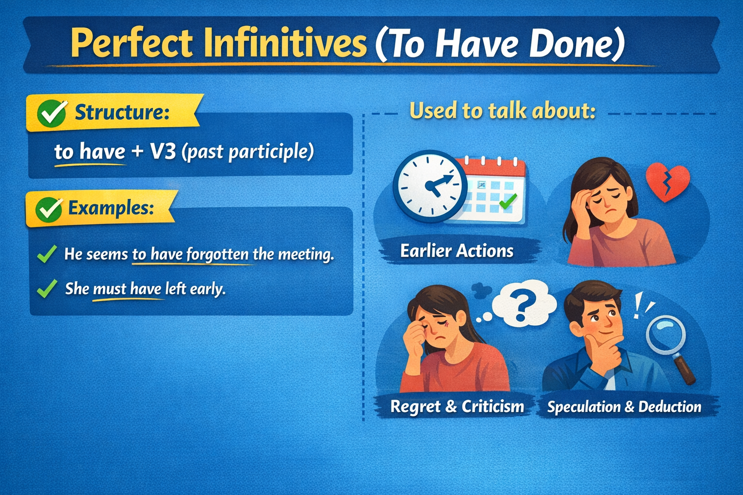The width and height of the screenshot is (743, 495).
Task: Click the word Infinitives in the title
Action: click(285, 43)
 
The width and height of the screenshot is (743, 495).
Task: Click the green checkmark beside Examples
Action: click(49, 209)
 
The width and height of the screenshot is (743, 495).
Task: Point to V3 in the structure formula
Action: click(163, 152)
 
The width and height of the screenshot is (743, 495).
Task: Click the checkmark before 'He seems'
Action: click(47, 254)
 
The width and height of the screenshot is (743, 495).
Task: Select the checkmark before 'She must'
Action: click(47, 289)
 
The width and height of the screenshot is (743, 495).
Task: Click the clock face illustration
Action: click(430, 186)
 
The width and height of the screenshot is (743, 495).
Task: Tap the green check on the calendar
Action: click(508, 201)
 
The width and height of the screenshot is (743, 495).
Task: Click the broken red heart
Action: click(668, 183)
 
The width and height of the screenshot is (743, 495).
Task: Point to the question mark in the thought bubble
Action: click(524, 306)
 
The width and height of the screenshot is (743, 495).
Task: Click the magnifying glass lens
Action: click(666, 335)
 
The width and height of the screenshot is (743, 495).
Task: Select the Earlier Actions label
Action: click(457, 251)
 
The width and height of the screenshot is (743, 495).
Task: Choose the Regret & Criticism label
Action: click(457, 407)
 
